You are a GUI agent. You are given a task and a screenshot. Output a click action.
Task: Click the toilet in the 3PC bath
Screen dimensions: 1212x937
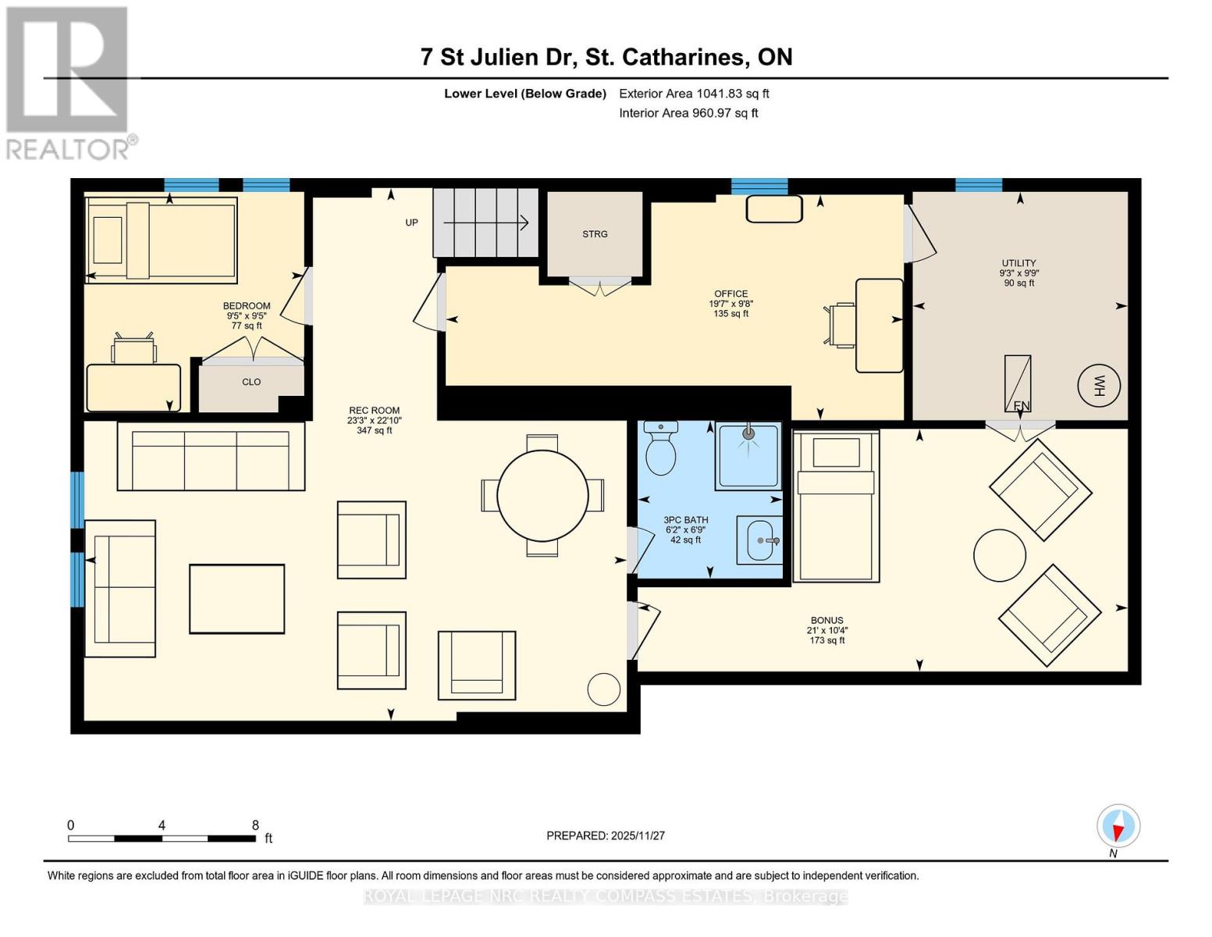(x=660, y=447)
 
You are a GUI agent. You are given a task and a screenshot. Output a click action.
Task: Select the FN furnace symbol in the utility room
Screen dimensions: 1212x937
(x=1018, y=384)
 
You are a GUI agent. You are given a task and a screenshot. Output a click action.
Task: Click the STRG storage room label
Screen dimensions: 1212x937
(x=595, y=233)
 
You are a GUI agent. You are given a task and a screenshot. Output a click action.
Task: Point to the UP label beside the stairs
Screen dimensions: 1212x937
(x=411, y=223)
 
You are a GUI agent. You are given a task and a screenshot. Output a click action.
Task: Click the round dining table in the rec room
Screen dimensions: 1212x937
(x=542, y=496)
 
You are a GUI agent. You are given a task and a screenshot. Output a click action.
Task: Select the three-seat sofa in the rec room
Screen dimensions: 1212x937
(x=211, y=457)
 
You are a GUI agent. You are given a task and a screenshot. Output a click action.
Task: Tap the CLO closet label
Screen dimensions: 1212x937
(x=251, y=382)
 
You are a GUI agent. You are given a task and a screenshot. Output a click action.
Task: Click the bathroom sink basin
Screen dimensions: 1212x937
(x=759, y=540)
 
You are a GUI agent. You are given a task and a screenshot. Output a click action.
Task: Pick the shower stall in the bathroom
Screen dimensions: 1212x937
(x=749, y=456)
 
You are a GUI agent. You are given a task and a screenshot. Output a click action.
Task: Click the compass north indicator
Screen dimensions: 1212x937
(x=1118, y=826)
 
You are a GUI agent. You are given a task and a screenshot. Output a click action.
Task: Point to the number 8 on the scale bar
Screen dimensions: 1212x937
(x=255, y=825)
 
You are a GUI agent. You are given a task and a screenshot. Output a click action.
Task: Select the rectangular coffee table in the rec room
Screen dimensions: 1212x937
(x=237, y=599)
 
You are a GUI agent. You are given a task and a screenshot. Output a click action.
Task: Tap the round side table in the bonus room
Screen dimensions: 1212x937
(x=1000, y=555)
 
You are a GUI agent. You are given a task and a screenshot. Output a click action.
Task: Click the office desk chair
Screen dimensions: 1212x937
(x=840, y=326)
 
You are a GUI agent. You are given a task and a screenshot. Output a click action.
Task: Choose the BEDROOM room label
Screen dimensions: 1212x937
(x=247, y=306)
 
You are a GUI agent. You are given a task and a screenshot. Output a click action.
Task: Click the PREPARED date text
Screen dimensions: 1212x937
(x=606, y=835)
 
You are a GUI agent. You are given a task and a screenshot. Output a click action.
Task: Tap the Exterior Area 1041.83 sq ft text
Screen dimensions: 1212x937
(x=694, y=94)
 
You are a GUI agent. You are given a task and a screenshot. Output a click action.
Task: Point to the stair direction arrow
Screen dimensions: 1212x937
(x=485, y=223)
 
